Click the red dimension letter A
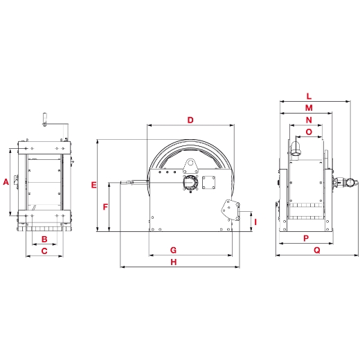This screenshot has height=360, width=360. click(6, 182)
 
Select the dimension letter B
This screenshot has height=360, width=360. click(44, 240)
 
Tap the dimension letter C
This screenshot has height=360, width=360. click(44, 251)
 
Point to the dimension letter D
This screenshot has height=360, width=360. click(190, 120)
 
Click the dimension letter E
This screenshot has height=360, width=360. click(93, 185)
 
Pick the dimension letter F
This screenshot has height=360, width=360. click(105, 207)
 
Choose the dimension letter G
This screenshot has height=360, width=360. click(173, 250)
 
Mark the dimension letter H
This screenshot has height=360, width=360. click(174, 262)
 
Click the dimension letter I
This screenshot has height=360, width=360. click(255, 222)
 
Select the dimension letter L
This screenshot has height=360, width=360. click(309, 96)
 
